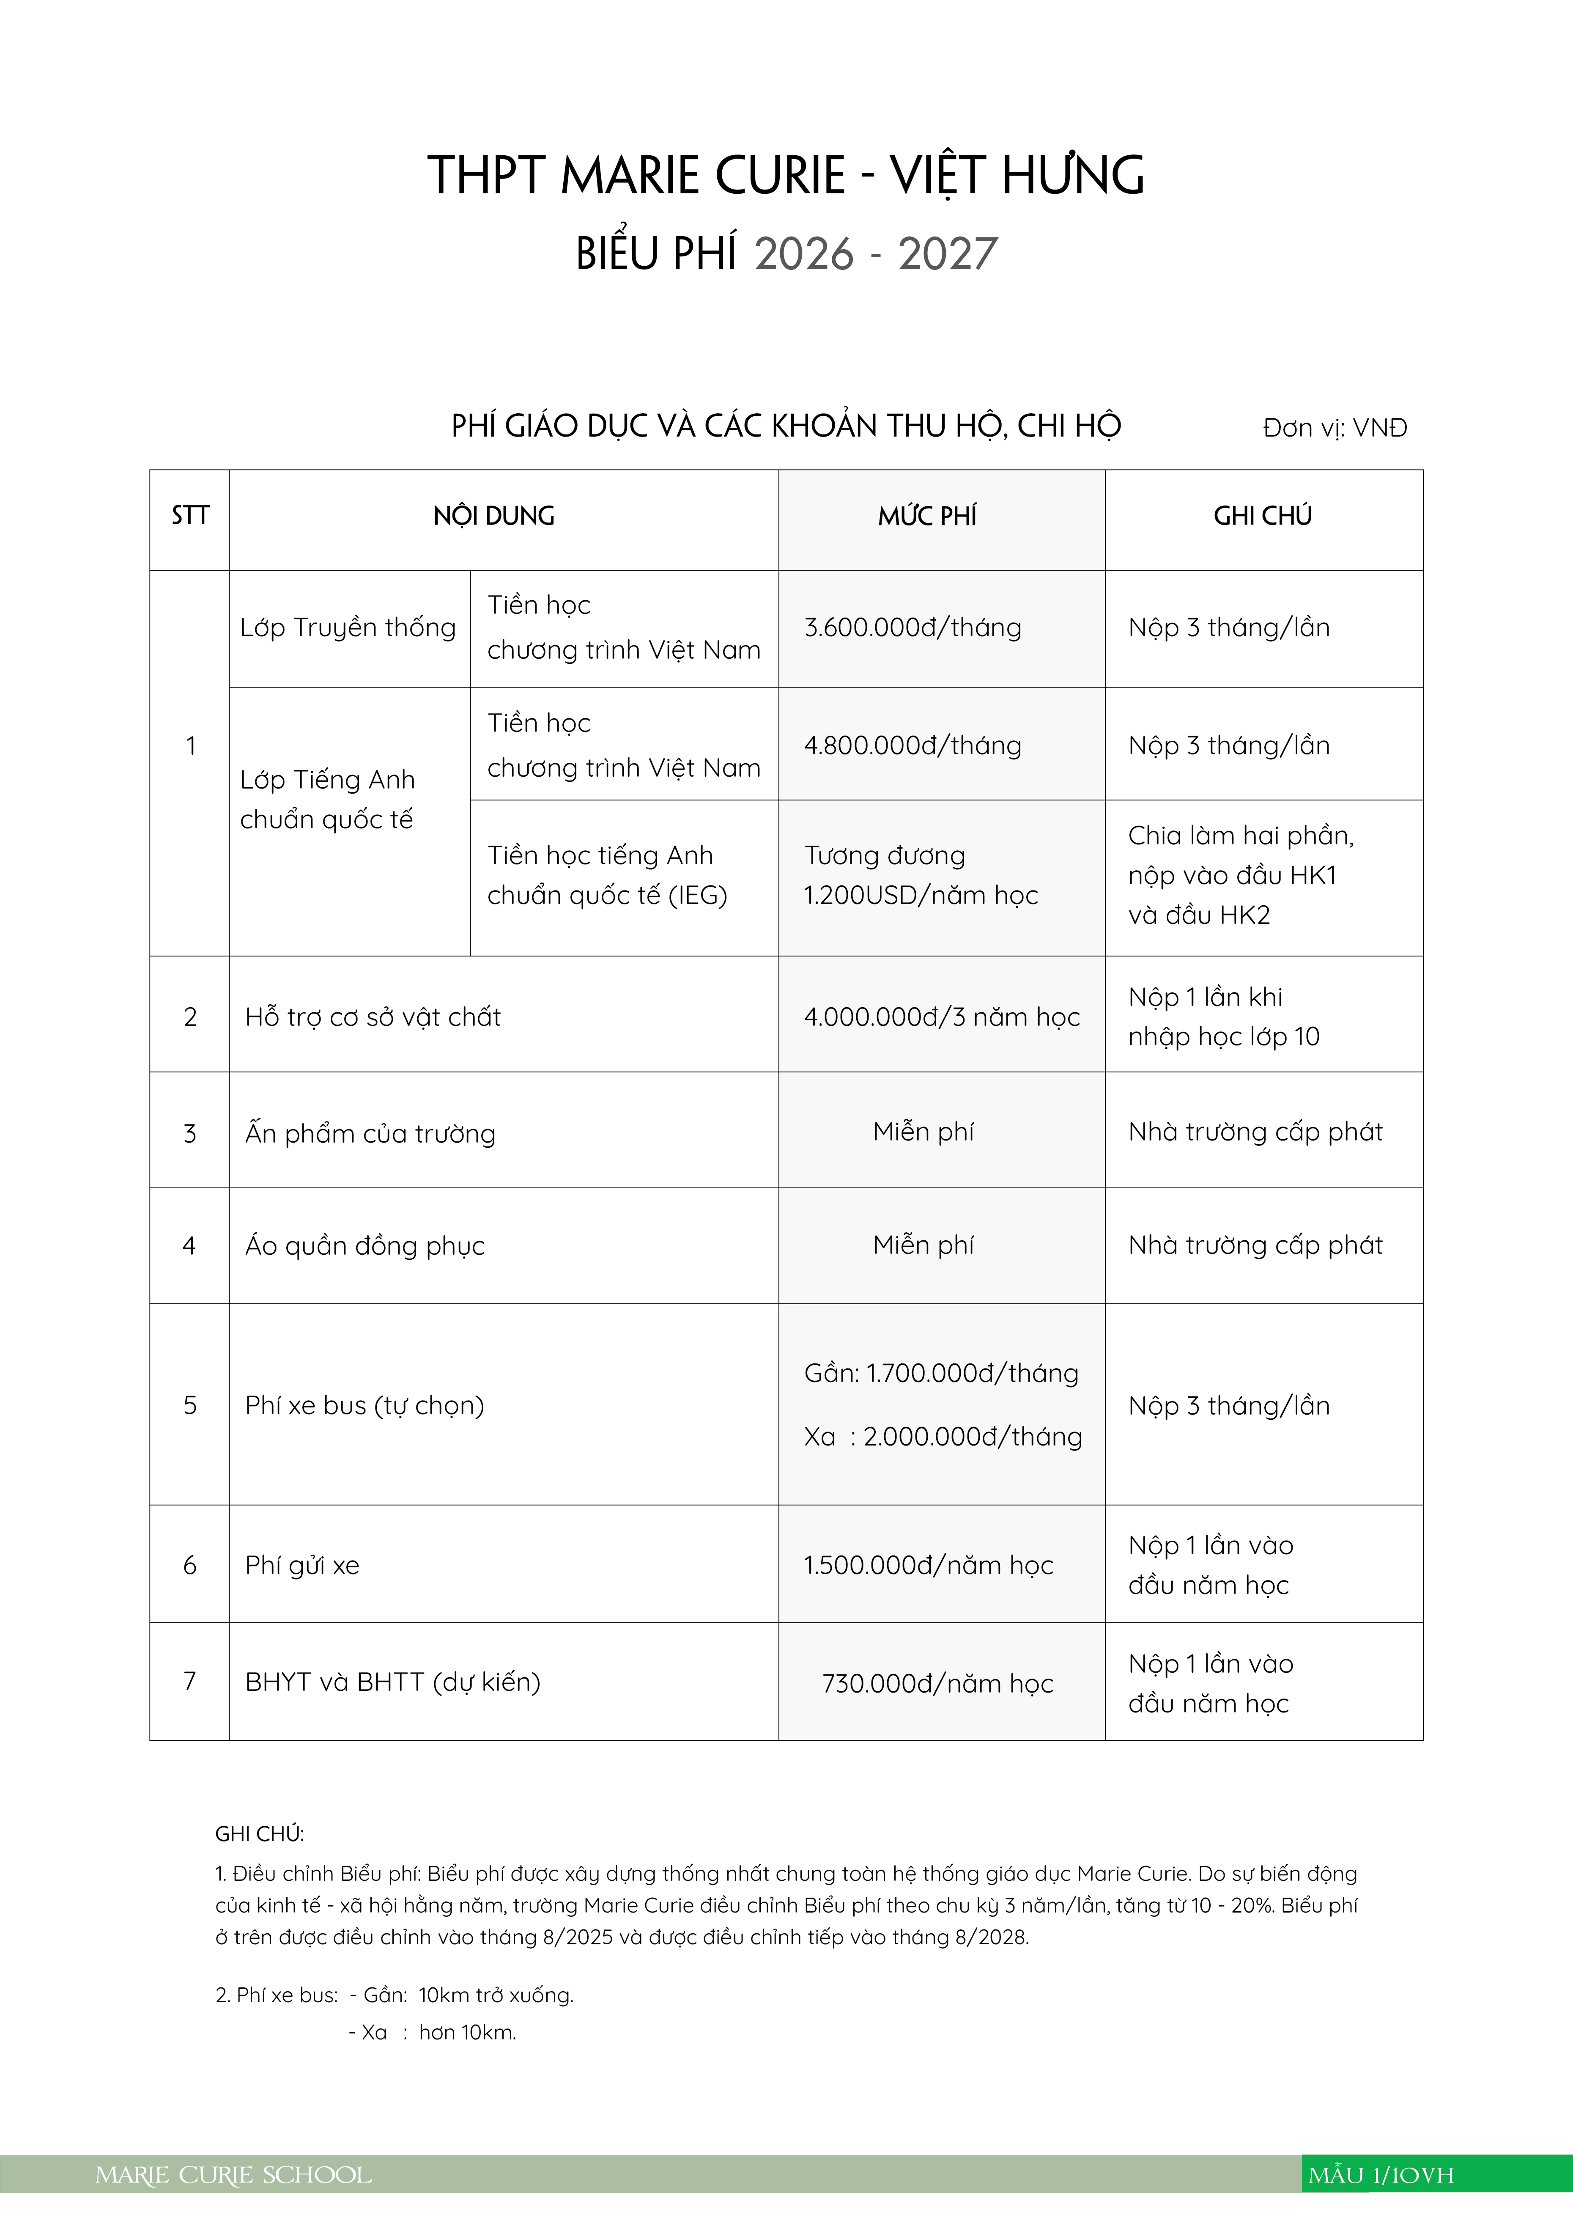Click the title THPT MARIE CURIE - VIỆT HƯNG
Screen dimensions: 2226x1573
[x=786, y=176]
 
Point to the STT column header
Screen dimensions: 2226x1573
[x=190, y=516]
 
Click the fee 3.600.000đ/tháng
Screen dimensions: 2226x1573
[x=912, y=627]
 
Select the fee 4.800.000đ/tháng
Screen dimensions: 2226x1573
[x=912, y=745]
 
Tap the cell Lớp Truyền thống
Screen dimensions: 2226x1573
[x=348, y=627]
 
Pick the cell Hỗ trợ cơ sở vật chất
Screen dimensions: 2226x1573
[x=373, y=1017]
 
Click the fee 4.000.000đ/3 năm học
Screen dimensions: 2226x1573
[x=941, y=1017]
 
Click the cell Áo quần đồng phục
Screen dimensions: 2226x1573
[x=364, y=1246]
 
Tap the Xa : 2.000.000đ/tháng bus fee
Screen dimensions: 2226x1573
[x=942, y=1437]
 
